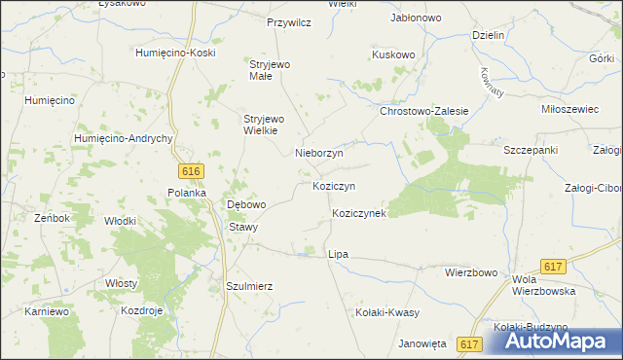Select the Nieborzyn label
pyautogui.click(x=318, y=153)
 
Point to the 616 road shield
pyautogui.click(x=191, y=171)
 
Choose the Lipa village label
pyautogui.click(x=338, y=254)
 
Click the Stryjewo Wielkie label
pyautogui.click(x=260, y=125)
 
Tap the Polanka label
pyautogui.click(x=186, y=193)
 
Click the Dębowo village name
pyautogui.click(x=246, y=205)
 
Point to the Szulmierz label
pyautogui.click(x=248, y=287)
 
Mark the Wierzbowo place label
pyautogui.click(x=471, y=272)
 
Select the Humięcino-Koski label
pyautogui.click(x=175, y=53)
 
